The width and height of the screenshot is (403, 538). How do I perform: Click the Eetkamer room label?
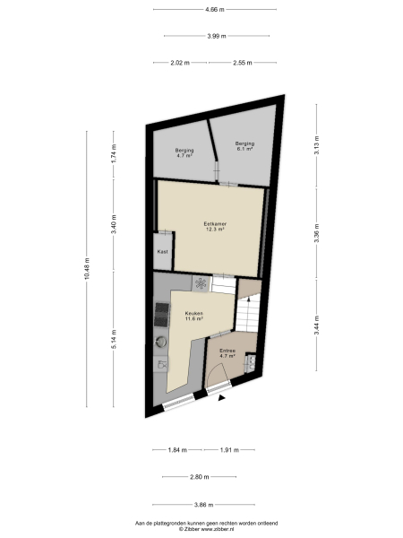coord(213,225)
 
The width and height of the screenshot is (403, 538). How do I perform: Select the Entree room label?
coord(227,353)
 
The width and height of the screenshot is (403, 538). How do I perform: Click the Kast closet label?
coord(162,252)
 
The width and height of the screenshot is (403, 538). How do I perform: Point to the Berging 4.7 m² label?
coord(184,153)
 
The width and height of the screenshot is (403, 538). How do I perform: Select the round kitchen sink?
coord(161,342)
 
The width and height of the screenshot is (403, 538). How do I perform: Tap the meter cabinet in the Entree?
coord(251,362)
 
